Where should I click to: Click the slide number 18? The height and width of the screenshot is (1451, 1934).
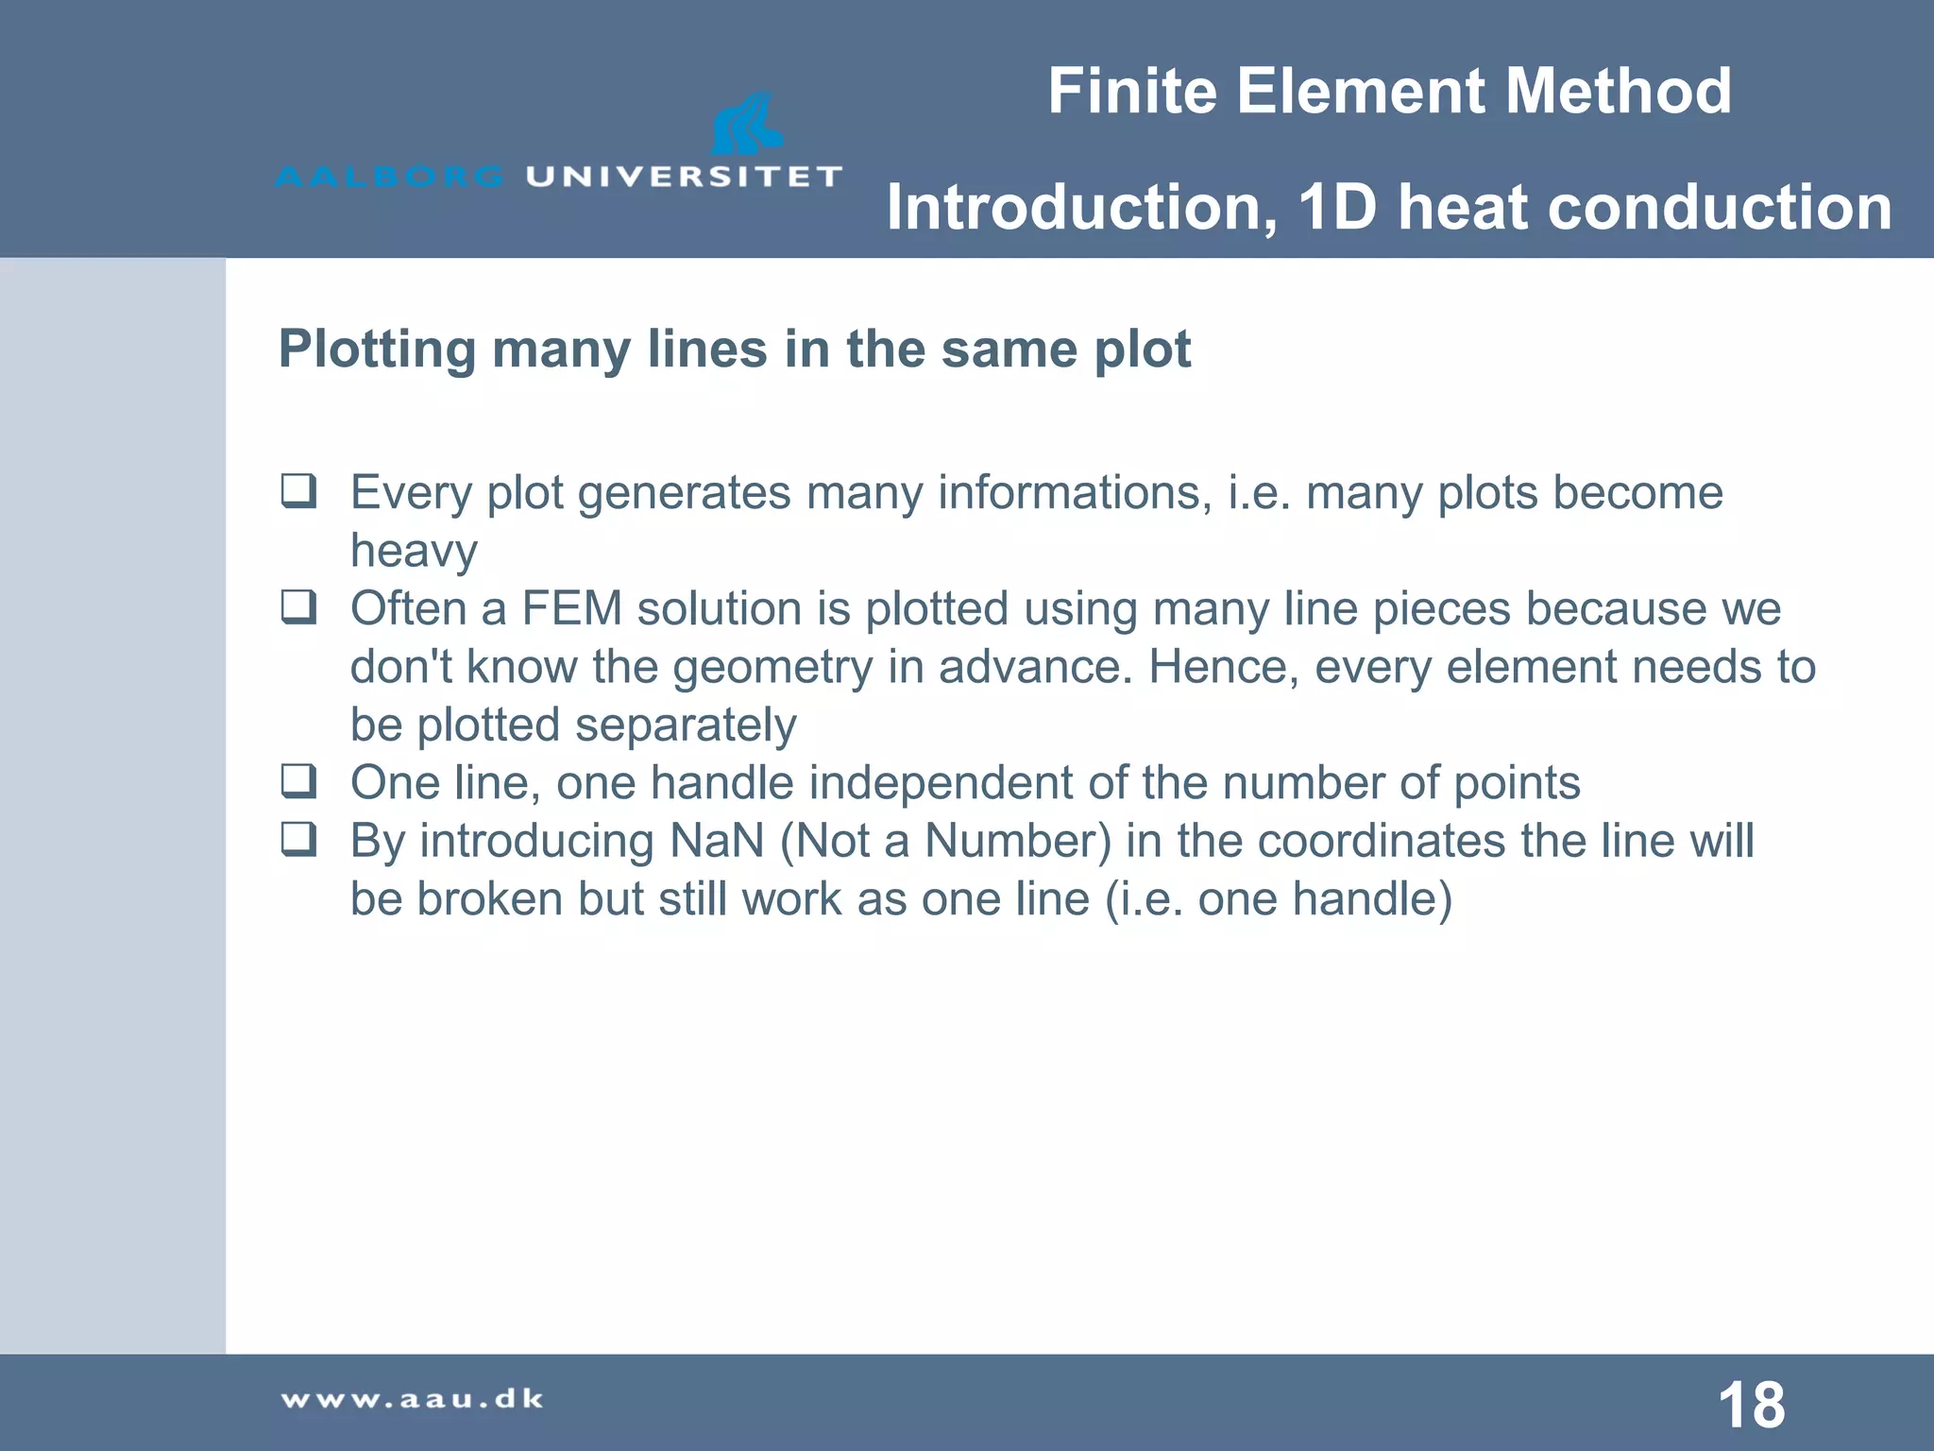(x=1752, y=1405)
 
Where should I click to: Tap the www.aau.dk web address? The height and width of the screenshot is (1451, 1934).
(x=413, y=1399)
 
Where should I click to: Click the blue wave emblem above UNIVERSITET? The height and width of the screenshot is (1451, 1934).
(x=746, y=124)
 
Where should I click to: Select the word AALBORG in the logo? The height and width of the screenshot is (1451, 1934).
(x=390, y=177)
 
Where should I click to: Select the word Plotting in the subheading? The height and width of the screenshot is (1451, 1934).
(x=377, y=350)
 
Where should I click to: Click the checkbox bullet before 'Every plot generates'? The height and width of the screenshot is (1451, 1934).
(x=298, y=491)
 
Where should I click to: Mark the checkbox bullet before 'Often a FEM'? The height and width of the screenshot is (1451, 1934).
(x=298, y=607)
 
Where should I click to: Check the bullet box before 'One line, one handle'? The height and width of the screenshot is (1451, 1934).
(x=298, y=781)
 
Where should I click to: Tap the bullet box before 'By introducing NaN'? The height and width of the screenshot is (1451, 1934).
(x=298, y=839)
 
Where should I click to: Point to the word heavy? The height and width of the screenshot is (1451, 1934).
(x=414, y=552)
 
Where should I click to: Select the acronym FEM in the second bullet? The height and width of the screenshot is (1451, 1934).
(x=571, y=609)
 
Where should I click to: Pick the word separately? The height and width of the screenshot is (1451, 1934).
(x=686, y=725)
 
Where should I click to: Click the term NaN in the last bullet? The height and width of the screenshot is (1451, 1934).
(x=717, y=841)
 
